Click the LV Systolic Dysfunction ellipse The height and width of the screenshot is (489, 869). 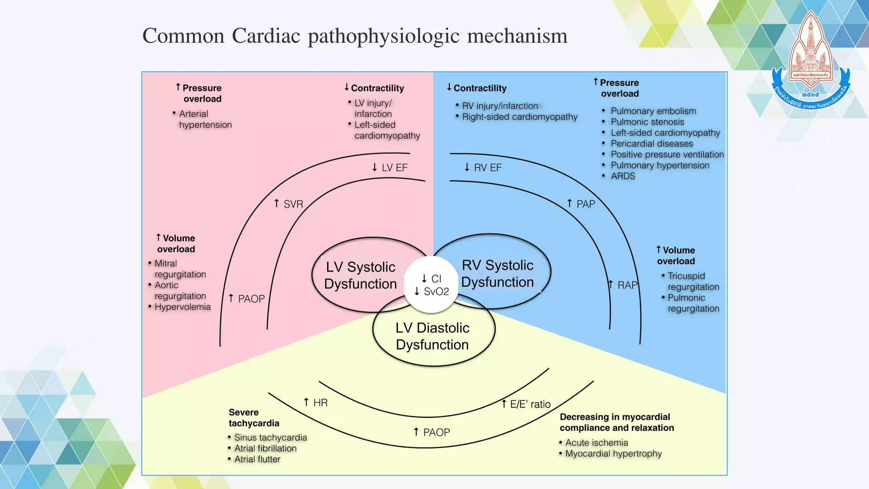point(360,275)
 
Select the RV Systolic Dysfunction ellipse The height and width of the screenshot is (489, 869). point(497,273)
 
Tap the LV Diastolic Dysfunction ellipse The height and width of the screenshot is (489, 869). point(432,336)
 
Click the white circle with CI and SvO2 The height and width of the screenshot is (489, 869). point(432,285)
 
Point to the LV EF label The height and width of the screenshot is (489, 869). point(390,168)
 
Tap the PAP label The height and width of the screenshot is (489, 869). point(581,204)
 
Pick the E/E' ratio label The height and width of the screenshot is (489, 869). point(526,404)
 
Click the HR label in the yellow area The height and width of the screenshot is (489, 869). point(316,402)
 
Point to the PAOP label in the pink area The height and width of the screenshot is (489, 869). point(247,299)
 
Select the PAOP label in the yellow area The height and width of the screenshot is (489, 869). point(432,432)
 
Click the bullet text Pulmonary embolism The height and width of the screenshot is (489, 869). point(653,111)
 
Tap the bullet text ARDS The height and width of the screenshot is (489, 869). point(623,176)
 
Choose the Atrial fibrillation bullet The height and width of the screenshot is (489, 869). point(265,448)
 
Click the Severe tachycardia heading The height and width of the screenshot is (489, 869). point(254,418)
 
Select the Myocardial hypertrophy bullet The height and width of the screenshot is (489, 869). point(613,453)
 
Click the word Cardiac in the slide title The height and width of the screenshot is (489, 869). point(266,36)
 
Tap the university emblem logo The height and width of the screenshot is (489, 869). point(811,59)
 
